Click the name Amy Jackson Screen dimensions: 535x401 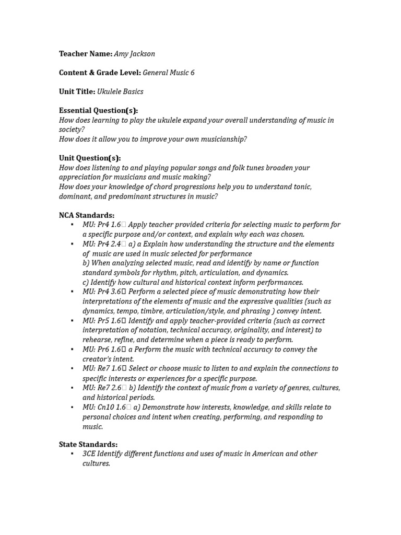[x=135, y=54]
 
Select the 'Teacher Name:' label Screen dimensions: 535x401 [x=86, y=54]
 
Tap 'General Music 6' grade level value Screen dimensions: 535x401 [x=169, y=73]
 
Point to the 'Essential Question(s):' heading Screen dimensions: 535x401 [x=98, y=110]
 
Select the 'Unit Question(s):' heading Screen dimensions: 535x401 [x=90, y=158]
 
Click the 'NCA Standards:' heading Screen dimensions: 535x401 [x=87, y=215]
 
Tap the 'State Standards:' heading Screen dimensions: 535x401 [x=88, y=444]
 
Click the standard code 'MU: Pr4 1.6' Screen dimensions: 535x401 [x=102, y=225]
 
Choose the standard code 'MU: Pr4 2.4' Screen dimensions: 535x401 [x=102, y=244]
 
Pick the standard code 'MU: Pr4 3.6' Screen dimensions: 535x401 [x=102, y=292]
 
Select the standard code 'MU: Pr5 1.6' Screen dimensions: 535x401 [x=102, y=321]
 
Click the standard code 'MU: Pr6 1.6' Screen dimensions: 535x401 [x=102, y=350]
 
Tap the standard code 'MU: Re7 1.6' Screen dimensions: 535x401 [x=102, y=368]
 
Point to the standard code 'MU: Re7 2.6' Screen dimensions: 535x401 [x=102, y=388]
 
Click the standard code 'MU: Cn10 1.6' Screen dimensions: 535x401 [x=104, y=407]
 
